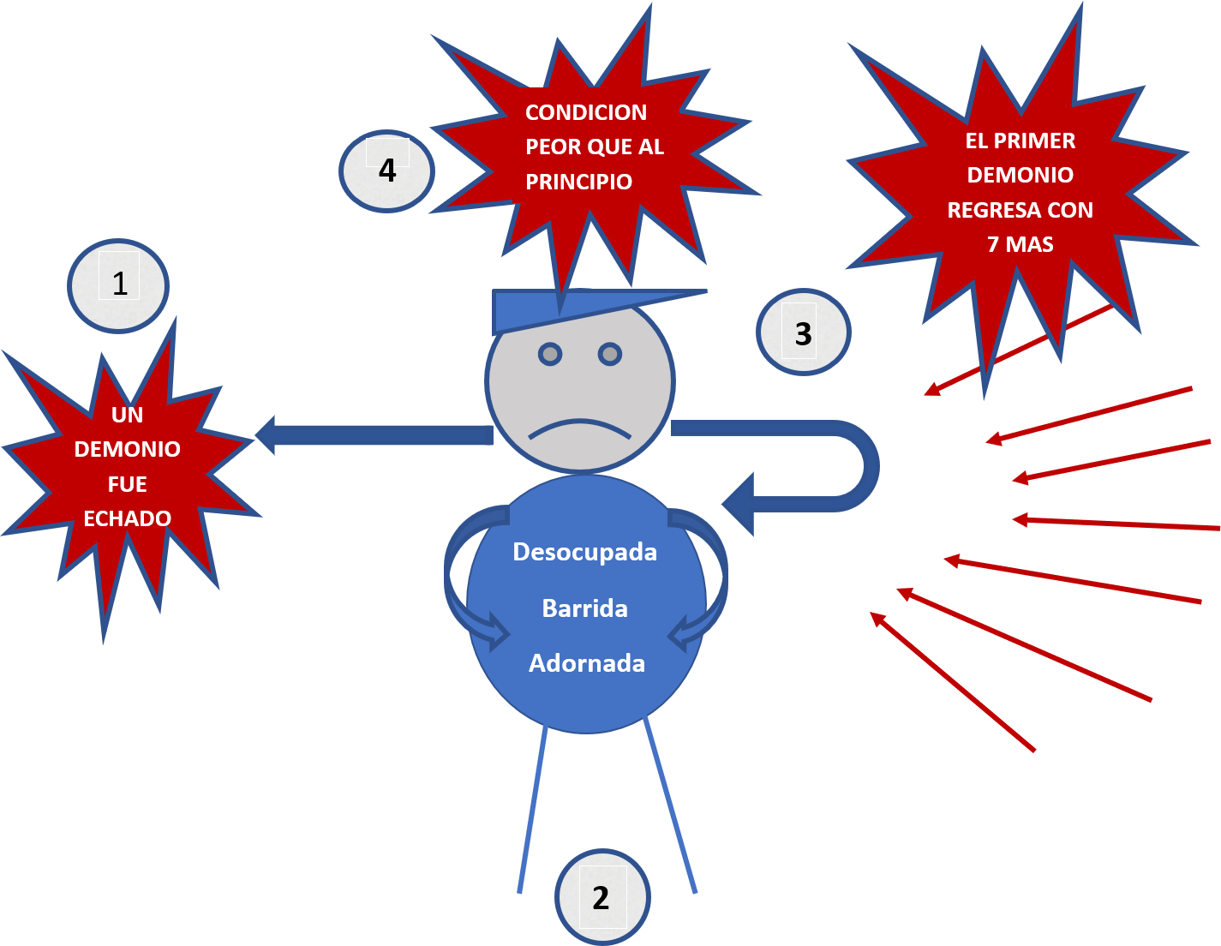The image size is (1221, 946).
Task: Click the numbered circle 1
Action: point(118,284)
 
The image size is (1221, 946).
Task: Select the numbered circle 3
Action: point(803,332)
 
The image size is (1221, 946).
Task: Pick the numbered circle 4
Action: point(387,171)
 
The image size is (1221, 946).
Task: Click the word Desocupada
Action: point(584,552)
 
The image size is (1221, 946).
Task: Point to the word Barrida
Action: point(584,608)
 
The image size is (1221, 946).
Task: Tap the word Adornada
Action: point(586,663)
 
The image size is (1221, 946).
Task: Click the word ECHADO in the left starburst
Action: point(127,518)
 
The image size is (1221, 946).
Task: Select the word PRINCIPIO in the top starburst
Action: point(578,182)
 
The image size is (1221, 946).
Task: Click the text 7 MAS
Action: point(1020,245)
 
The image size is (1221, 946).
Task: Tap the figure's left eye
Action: point(550,353)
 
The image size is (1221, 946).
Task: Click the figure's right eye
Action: point(609,353)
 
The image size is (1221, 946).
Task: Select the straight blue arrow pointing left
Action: point(377,434)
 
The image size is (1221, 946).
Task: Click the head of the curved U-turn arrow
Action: point(741,504)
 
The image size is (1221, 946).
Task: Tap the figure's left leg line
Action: point(532,810)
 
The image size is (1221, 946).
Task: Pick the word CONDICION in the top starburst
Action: point(585,112)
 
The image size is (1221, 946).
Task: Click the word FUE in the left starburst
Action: point(127,484)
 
